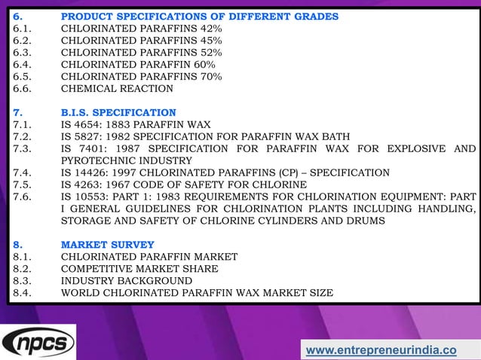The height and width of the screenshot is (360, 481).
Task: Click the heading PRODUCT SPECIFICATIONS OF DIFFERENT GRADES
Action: tap(199, 17)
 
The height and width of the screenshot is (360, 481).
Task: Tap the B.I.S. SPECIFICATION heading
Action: tap(118, 112)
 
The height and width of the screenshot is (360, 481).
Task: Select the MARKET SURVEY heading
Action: tap(107, 245)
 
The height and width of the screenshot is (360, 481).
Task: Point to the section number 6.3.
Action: tap(21, 53)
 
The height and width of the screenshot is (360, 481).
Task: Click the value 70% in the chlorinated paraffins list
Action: tap(208, 77)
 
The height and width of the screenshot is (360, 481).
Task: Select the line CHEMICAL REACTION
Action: tap(117, 89)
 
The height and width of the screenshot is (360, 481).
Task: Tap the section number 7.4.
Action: tap(21, 172)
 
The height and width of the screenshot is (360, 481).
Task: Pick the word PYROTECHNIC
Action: tap(100, 160)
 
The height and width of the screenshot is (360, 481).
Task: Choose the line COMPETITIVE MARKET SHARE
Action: tap(139, 269)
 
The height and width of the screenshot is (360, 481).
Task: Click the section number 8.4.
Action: tap(21, 293)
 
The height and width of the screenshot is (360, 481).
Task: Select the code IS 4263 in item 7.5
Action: tap(80, 185)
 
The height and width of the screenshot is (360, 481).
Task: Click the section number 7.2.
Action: tap(21, 136)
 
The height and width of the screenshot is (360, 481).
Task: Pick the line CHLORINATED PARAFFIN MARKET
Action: tap(149, 257)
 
